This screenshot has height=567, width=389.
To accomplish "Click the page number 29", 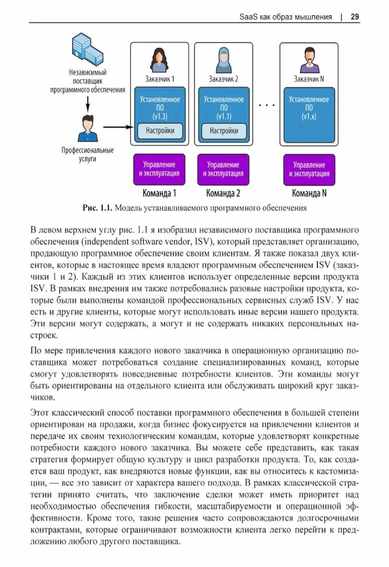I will [354, 17].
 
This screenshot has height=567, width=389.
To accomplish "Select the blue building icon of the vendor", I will [87, 50].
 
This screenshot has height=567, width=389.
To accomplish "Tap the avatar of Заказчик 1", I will [159, 60].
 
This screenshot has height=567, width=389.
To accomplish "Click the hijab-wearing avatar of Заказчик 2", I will [223, 60].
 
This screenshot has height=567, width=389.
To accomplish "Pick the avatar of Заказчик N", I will [309, 60].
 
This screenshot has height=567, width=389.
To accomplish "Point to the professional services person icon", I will [88, 128].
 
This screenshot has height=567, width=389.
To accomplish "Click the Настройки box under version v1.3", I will [160, 131].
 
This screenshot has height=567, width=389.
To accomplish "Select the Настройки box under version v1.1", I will [224, 131].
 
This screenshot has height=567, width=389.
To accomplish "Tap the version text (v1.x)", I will [309, 116].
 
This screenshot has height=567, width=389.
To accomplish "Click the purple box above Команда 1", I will [159, 169].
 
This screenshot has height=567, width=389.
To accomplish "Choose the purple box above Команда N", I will [309, 169].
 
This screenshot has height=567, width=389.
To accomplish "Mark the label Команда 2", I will [223, 193].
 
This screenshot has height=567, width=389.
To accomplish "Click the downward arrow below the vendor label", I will [88, 104].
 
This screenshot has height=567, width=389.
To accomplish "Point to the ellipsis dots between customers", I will [266, 105].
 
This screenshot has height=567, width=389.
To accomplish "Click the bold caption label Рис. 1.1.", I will [97, 208].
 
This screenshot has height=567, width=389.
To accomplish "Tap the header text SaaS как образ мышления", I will [286, 17].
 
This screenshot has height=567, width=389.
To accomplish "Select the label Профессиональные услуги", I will [88, 154].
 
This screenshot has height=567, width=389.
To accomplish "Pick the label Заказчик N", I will [309, 79].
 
